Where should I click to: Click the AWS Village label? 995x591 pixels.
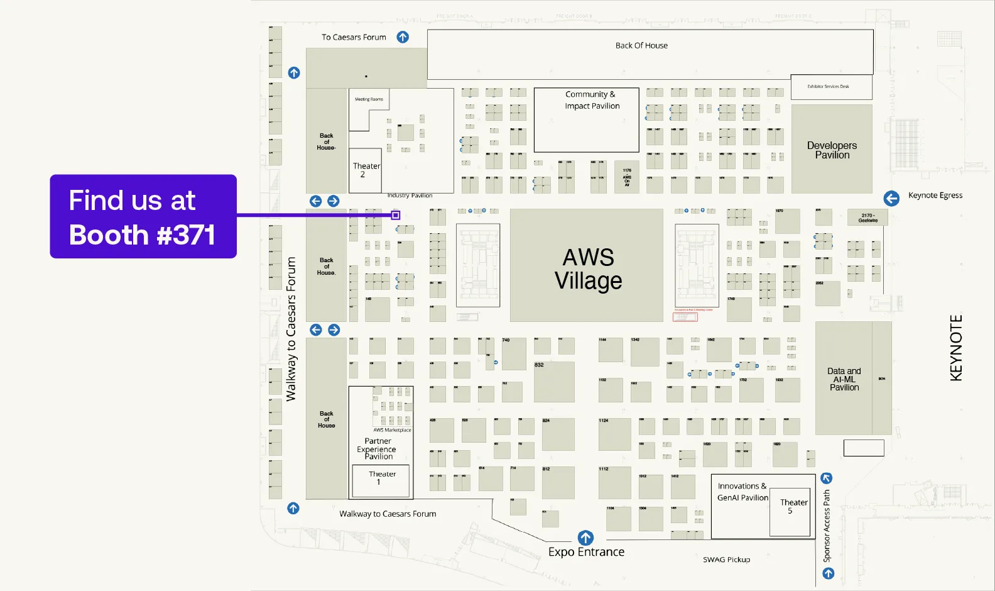(x=588, y=269)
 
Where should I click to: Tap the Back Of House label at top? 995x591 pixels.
(x=641, y=46)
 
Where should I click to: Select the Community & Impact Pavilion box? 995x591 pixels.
(x=586, y=120)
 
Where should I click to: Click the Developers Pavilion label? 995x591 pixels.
(x=832, y=150)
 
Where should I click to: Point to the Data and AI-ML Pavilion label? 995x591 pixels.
(x=844, y=379)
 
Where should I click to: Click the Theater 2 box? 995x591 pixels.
(x=365, y=170)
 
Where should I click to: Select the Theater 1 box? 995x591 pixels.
(x=381, y=480)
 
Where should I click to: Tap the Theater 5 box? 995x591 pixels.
(x=791, y=512)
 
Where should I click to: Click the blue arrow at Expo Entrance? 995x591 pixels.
(x=585, y=538)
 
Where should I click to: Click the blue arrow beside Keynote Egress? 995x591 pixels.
(x=891, y=199)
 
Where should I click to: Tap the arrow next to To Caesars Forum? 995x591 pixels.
(x=403, y=37)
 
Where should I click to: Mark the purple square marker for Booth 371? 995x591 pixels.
(x=396, y=215)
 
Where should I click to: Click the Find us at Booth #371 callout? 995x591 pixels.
(x=143, y=216)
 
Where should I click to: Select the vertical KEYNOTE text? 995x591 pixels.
(x=955, y=348)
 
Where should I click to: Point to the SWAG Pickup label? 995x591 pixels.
(x=726, y=560)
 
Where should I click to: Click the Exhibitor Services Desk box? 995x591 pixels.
(x=830, y=87)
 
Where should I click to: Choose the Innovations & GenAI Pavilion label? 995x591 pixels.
(x=742, y=492)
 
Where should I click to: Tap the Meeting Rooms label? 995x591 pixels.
(x=369, y=99)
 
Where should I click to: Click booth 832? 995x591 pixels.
(x=553, y=382)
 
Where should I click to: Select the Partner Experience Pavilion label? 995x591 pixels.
(x=377, y=449)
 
